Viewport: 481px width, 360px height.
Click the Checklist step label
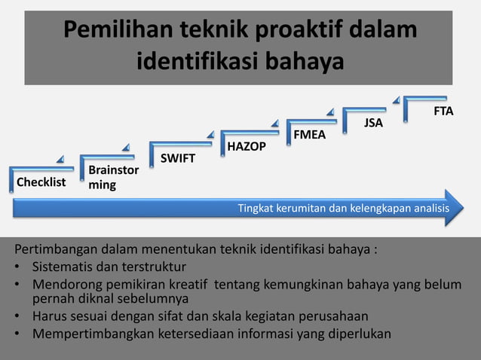coord(41,182)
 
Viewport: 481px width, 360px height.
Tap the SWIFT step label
coord(177,158)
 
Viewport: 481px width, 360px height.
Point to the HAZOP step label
coord(247,146)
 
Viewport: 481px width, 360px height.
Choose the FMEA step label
coord(310,135)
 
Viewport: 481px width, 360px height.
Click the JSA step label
coord(373,123)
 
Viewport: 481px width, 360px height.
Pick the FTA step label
coord(443,111)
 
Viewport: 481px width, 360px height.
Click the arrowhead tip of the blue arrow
coord(461,208)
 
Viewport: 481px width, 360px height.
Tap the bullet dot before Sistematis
coord(17,267)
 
